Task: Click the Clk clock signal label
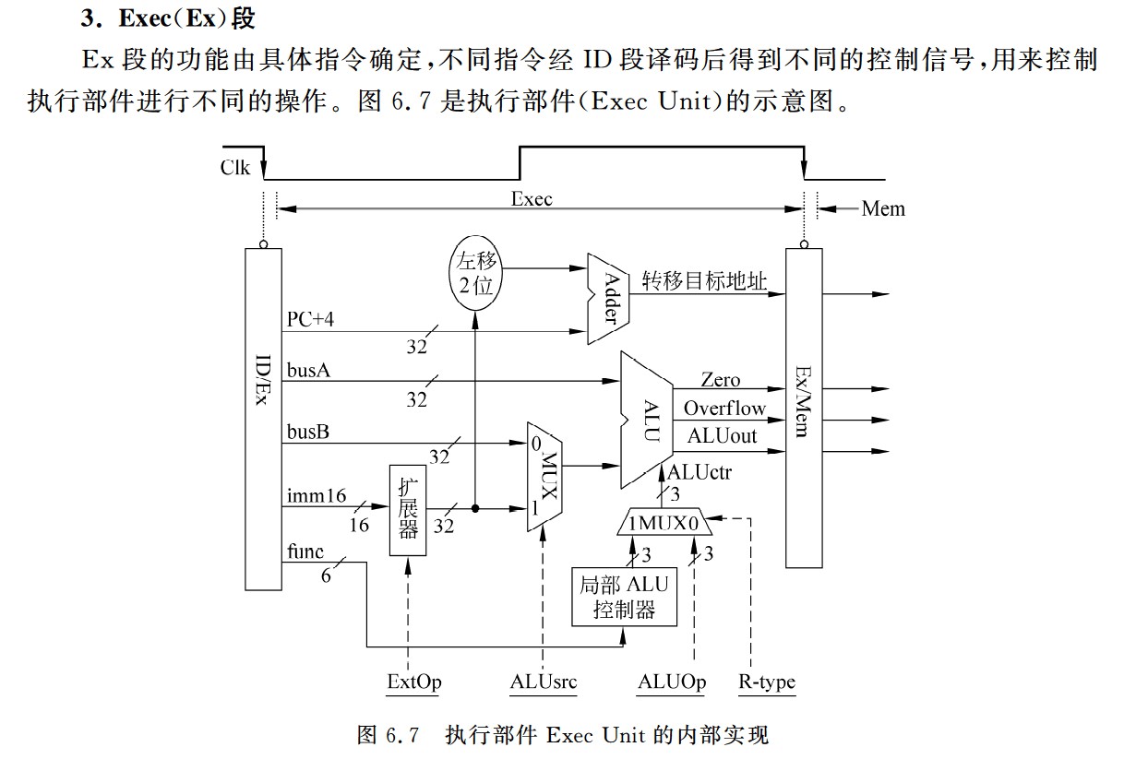click(x=234, y=168)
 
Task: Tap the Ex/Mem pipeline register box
click(x=803, y=406)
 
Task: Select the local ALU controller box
click(x=623, y=597)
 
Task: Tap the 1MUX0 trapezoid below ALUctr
click(x=665, y=524)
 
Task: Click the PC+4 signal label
click(x=312, y=320)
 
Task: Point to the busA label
click(x=308, y=371)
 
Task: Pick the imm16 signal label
click(x=317, y=496)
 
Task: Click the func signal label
click(x=305, y=552)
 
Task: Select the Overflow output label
click(x=724, y=408)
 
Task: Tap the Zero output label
click(x=720, y=380)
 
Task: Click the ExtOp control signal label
click(x=413, y=682)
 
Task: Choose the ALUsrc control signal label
click(x=544, y=682)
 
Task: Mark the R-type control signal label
click(x=767, y=682)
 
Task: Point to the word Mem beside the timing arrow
click(x=883, y=209)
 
